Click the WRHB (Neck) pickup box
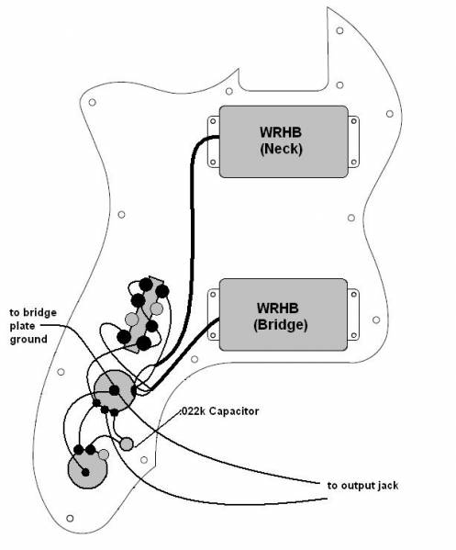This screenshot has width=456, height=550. [284, 141]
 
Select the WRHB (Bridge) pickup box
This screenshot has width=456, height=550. [284, 315]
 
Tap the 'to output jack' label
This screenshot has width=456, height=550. [362, 486]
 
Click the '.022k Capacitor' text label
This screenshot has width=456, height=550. [220, 411]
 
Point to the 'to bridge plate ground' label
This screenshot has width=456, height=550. [33, 326]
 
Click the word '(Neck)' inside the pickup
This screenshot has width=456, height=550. [281, 149]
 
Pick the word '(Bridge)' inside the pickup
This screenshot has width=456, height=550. [281, 324]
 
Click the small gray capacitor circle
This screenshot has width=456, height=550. [127, 443]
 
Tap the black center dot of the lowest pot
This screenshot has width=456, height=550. [85, 472]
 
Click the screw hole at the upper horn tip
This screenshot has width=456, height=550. [339, 30]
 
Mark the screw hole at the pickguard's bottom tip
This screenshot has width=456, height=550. [70, 518]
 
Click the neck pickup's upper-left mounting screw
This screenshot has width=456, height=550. [213, 121]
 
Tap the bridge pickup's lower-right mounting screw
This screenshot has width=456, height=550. [353, 336]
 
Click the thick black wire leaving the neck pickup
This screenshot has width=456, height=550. [192, 245]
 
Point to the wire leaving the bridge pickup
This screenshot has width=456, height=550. [183, 355]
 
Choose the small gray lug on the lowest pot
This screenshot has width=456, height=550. [104, 455]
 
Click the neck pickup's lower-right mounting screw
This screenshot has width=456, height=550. [353, 162]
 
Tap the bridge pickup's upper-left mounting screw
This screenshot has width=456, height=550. [213, 295]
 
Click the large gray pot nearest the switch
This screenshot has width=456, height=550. [115, 390]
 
